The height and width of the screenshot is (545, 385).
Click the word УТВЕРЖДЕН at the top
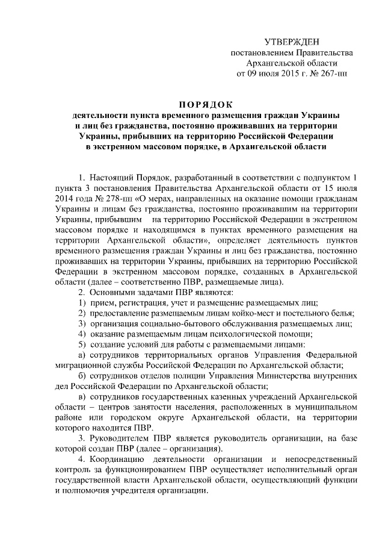point(293,42)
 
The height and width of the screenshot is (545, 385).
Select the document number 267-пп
point(333,74)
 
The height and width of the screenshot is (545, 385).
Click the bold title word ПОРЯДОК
point(208,104)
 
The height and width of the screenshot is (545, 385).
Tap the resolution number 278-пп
point(119,199)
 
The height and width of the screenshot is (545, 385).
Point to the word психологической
point(237,335)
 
